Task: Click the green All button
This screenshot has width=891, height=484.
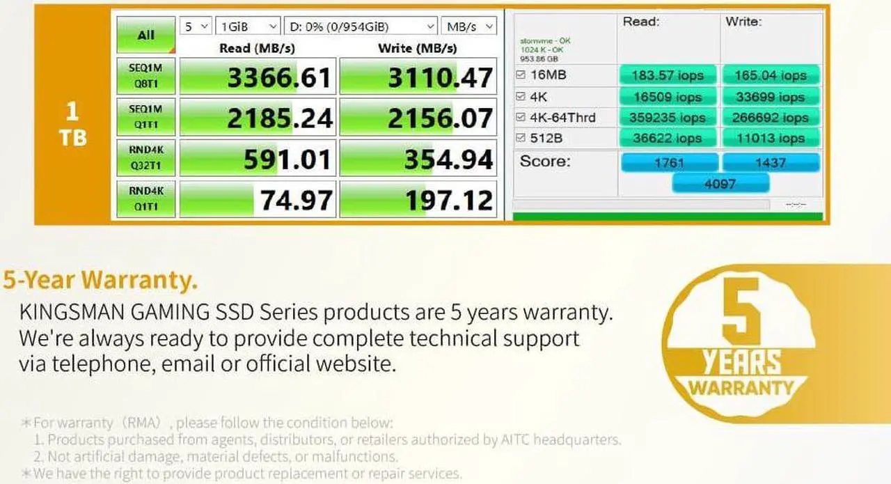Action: click(x=145, y=35)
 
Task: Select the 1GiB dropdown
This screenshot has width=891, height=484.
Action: click(x=248, y=26)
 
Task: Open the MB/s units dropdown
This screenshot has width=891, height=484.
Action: click(x=468, y=26)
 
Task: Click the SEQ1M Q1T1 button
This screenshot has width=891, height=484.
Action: click(x=145, y=117)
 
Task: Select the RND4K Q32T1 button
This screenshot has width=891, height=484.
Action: click(x=145, y=158)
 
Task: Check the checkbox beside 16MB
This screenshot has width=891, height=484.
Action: click(x=521, y=75)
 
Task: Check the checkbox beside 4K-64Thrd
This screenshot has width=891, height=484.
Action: click(x=521, y=117)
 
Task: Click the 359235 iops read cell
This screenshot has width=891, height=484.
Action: click(x=667, y=118)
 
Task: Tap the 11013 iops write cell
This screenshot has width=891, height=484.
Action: click(x=770, y=139)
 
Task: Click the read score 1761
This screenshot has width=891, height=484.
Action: click(x=668, y=163)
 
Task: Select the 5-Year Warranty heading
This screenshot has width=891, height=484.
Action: click(x=100, y=280)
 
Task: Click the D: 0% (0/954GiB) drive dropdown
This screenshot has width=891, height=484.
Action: click(x=361, y=26)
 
